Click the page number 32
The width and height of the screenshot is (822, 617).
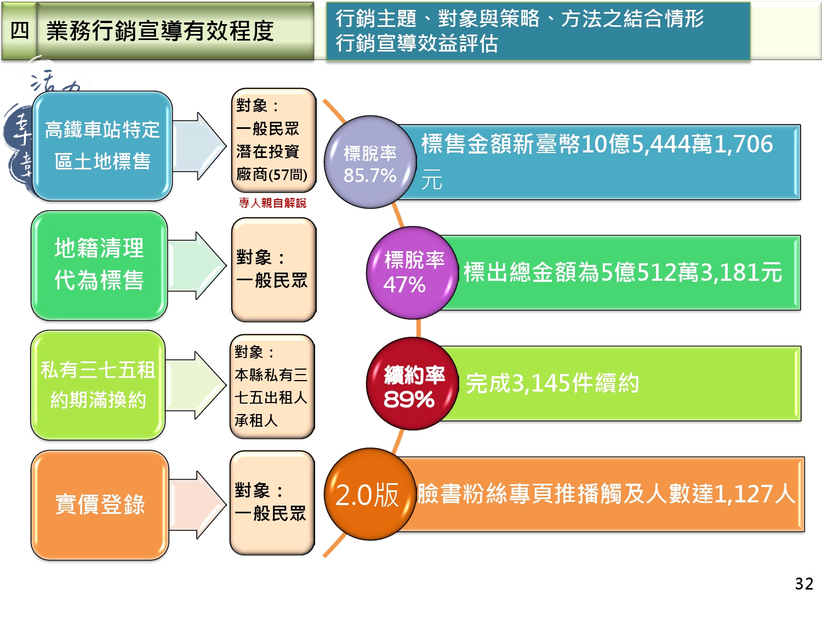[804, 584]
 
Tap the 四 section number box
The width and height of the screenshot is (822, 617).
[20, 31]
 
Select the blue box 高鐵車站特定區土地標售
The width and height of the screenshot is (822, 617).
[102, 145]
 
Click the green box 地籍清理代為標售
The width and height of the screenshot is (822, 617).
[99, 265]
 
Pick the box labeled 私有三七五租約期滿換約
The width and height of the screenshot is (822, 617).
[98, 384]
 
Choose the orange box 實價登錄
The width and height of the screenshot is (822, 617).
[100, 505]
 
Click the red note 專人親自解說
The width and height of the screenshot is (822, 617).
[272, 203]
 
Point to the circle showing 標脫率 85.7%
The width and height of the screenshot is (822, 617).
[370, 162]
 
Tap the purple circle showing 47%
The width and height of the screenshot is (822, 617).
[411, 273]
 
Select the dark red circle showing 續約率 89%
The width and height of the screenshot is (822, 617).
[412, 384]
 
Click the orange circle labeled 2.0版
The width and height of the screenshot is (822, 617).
[368, 495]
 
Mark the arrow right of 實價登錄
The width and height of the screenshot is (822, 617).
[197, 505]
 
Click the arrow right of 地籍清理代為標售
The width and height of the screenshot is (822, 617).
[196, 265]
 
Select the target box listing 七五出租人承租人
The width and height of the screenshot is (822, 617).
[272, 386]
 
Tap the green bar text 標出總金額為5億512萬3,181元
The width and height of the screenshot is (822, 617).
[623, 273]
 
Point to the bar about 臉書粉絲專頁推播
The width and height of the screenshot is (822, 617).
[606, 494]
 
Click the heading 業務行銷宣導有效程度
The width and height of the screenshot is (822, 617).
[159, 31]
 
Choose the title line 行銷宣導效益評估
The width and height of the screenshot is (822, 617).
[416, 43]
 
